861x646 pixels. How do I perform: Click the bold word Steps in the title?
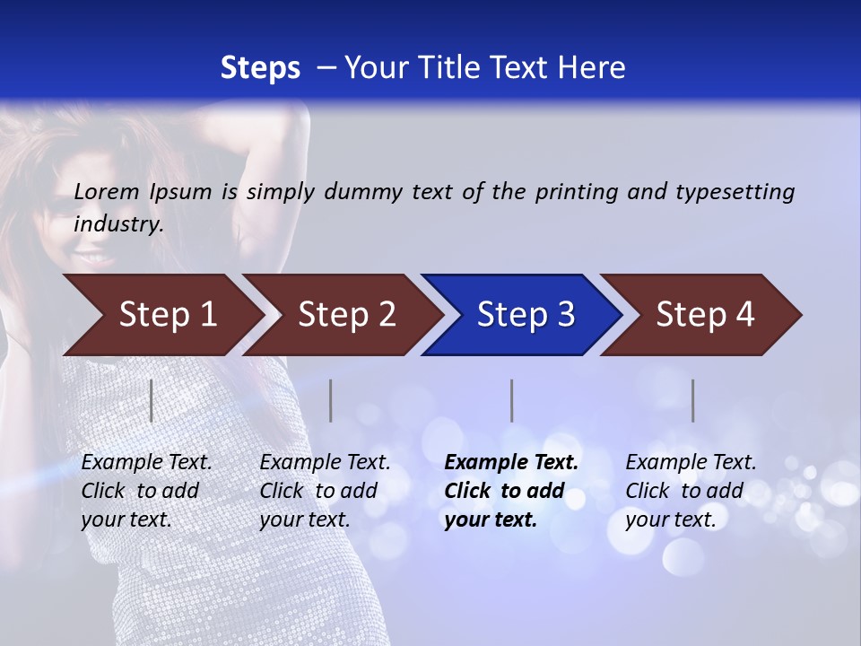260,68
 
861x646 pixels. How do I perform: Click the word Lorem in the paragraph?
107,191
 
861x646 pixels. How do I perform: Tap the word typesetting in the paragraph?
735,191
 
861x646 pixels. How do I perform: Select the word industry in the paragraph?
117,224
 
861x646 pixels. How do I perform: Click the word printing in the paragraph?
576,191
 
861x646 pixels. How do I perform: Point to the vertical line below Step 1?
152,400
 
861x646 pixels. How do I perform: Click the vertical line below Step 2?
331,400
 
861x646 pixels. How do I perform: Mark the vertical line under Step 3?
512,400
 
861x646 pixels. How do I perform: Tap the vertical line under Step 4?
693,400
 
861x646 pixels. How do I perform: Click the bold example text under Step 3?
510,491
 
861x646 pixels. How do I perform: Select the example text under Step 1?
145,491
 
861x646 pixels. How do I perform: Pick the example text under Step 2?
324,491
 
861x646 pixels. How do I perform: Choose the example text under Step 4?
690,491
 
